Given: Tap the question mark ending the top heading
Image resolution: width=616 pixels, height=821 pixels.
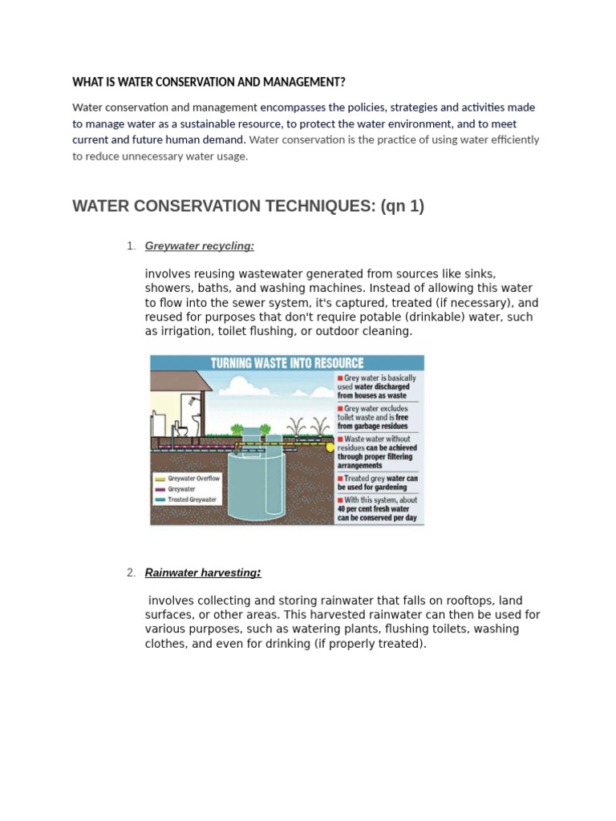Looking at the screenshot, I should click(342, 83).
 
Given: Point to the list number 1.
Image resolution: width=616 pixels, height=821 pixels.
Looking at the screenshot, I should click(130, 246).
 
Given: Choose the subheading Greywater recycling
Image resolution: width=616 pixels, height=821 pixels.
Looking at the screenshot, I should click(199, 246).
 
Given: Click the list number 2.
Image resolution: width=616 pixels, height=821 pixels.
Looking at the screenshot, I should click(130, 572).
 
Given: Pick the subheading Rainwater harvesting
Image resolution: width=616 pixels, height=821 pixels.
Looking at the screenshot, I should click(202, 572).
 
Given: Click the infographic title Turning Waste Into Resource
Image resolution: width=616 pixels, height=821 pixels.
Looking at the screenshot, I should click(286, 363).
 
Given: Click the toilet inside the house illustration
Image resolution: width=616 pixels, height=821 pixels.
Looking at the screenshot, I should click(182, 431).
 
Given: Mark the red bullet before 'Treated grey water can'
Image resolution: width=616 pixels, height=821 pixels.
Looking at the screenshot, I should click(340, 479).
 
